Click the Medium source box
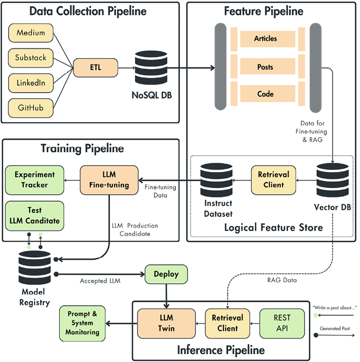coord(30,33)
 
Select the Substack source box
coord(30,57)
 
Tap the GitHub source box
coord(30,107)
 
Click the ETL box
coord(96,68)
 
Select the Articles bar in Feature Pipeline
coord(265,38)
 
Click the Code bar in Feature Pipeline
coord(265,94)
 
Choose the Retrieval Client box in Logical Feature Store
coord(274,180)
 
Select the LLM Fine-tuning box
coord(109,180)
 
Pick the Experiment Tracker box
coord(34,180)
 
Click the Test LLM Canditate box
coord(34,215)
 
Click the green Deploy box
coord(166,275)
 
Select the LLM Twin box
coord(166,323)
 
